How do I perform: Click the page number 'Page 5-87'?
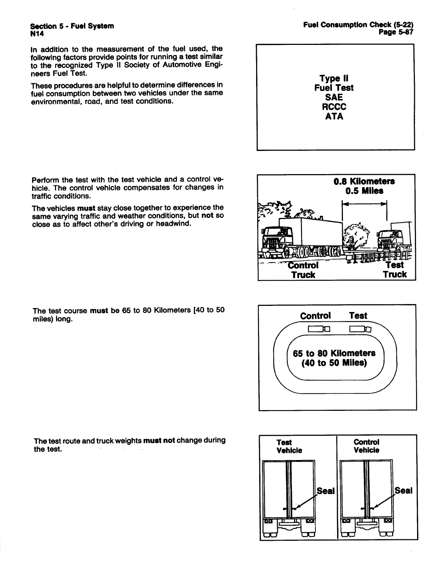395,33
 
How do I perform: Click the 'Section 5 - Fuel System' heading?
72,26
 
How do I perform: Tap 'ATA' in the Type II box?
334,117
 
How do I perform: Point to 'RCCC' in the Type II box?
334,107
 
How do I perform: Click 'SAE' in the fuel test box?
334,97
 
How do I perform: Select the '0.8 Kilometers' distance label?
364,181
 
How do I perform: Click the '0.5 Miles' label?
364,191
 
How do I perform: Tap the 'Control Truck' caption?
303,270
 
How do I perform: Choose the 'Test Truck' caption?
395,270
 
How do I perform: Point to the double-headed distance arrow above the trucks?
365,204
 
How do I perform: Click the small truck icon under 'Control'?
319,329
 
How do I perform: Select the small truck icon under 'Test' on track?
360,329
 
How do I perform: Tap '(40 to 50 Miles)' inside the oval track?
334,363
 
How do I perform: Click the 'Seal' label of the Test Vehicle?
326,491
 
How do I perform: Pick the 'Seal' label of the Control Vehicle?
403,491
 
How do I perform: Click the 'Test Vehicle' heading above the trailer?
289,446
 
